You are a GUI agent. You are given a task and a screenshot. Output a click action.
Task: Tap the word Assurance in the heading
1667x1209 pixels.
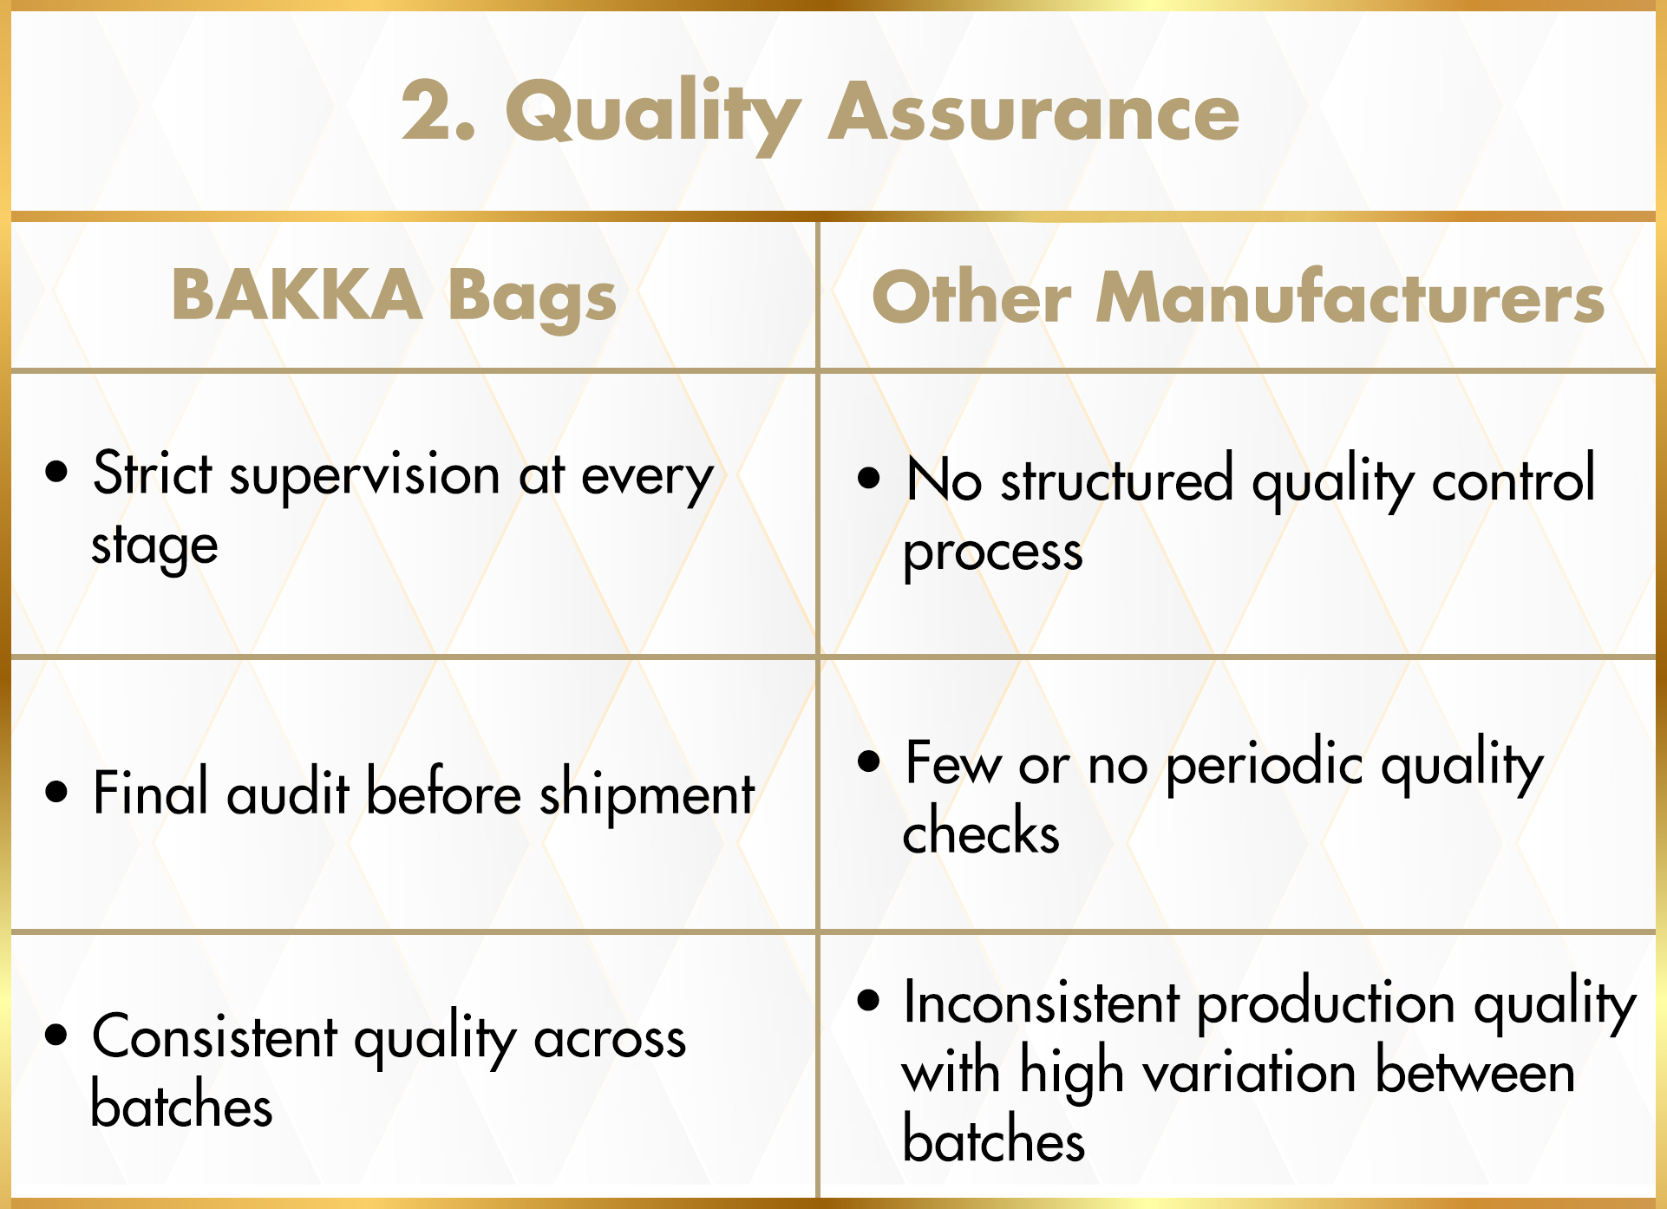[x=1034, y=112]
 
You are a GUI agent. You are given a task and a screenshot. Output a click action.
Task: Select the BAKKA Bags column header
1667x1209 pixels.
[x=394, y=297]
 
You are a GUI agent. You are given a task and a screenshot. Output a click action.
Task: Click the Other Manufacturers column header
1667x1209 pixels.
[x=1238, y=297]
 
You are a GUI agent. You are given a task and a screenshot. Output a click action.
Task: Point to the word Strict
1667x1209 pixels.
[x=152, y=474]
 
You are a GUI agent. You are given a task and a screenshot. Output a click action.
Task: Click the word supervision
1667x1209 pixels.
[x=364, y=476]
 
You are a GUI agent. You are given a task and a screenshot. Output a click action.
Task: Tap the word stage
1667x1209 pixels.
[x=154, y=547]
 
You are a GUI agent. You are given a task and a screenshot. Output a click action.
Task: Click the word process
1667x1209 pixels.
[x=993, y=552]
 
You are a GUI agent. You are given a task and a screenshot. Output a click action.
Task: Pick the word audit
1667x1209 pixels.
[x=288, y=792]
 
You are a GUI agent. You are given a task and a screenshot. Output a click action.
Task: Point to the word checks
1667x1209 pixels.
[x=981, y=830]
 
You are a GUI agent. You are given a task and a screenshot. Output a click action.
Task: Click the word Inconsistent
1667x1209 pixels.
[x=1042, y=1002]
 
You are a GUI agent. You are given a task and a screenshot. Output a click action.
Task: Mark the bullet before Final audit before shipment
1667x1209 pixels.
[x=56, y=792]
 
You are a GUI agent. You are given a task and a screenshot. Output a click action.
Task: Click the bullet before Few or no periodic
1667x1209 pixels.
[x=868, y=761]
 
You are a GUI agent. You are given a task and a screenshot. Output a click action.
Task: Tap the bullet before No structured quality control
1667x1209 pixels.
[x=868, y=477]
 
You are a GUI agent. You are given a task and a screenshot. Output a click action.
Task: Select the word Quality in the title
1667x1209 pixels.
[x=653, y=115]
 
